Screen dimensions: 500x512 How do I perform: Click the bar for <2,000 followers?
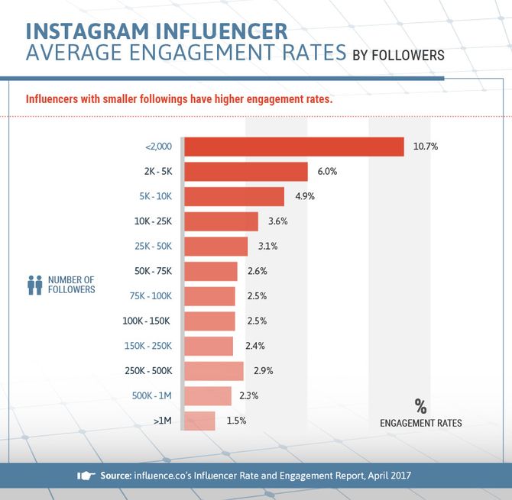pos(294,147)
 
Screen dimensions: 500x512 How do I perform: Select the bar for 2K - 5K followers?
pos(246,172)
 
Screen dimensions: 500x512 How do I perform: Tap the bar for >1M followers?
pos(200,421)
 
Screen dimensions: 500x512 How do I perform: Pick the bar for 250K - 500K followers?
pos(214,371)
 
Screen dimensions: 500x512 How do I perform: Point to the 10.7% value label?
pos(426,147)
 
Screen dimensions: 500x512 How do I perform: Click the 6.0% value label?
pos(327,172)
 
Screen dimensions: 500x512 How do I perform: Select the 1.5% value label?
pos(237,421)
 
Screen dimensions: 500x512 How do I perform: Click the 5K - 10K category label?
pos(156,196)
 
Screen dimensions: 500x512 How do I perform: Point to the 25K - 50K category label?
pos(154,247)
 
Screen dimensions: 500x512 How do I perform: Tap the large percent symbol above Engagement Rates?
pos(420,405)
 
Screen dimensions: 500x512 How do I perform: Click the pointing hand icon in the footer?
pos(86,476)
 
